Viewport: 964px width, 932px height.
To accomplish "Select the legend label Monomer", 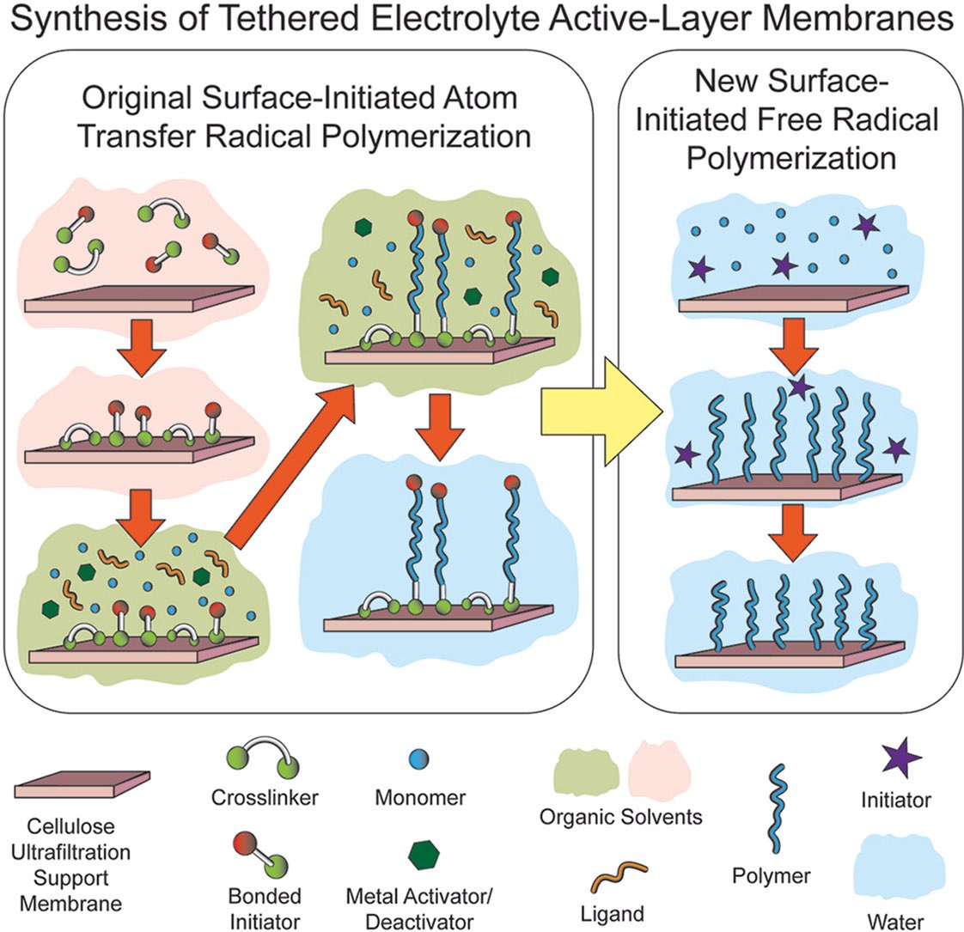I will pos(420,797).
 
